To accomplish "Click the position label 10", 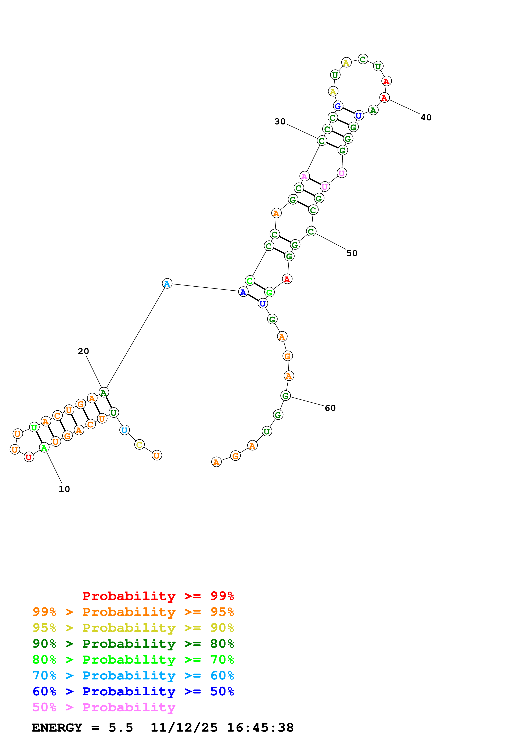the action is [64, 489].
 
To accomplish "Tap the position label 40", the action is [426, 118].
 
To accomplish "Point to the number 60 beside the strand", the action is [330, 408].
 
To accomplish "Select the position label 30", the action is [280, 121].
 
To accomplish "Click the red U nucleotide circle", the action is [29, 457].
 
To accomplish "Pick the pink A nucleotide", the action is [304, 176].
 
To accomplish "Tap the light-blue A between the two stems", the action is [167, 283].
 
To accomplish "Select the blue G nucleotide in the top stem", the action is [338, 106].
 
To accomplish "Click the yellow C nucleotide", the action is [139, 445].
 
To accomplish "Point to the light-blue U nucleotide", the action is [124, 430].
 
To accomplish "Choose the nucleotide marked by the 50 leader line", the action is [311, 231].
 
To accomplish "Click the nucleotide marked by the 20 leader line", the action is [104, 392].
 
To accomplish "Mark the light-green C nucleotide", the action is [250, 281].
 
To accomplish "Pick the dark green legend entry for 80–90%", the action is [133, 644].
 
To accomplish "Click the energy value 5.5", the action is [120, 728].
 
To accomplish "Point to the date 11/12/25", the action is [184, 728].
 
